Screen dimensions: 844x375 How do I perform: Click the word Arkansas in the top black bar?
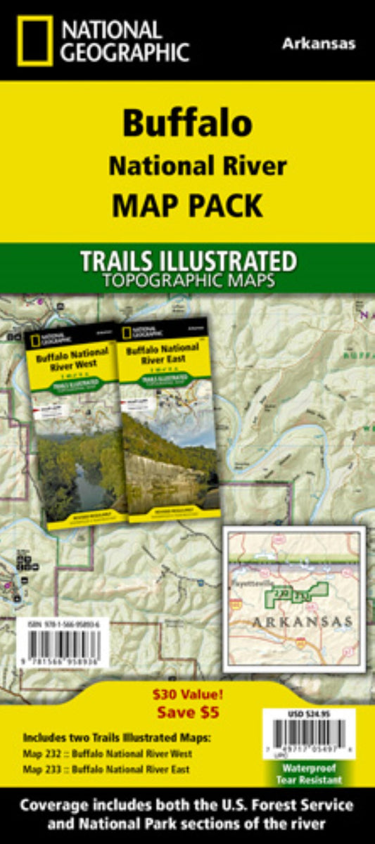(319, 44)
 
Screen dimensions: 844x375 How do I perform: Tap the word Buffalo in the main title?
(187, 123)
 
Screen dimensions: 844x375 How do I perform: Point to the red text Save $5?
(187, 712)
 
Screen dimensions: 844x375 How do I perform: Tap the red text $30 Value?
(188, 694)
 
